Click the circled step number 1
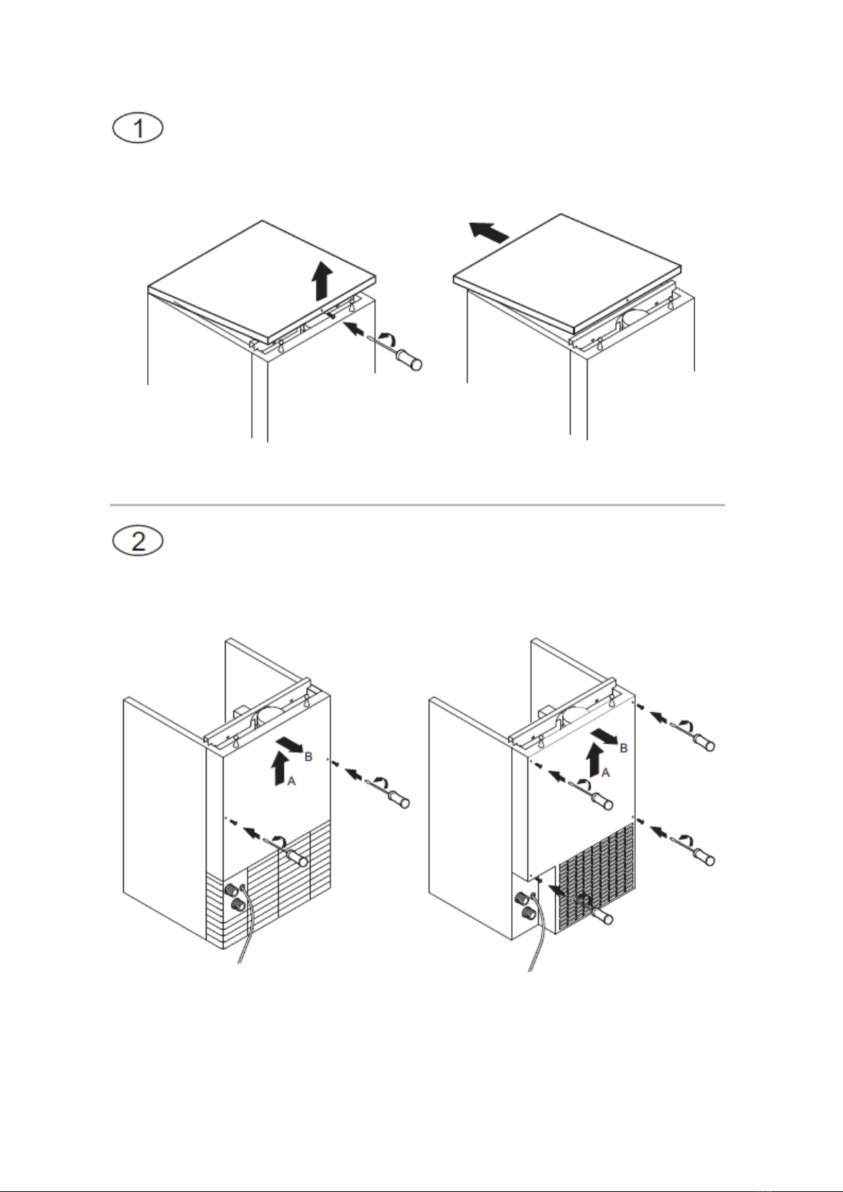pyautogui.click(x=138, y=129)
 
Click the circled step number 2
pyautogui.click(x=138, y=542)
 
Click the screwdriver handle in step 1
pyautogui.click(x=410, y=359)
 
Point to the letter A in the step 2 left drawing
pyautogui.click(x=291, y=782)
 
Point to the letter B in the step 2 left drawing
pyautogui.click(x=308, y=756)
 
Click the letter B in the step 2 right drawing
pyautogui.click(x=624, y=748)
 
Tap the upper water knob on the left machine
pyautogui.click(x=232, y=888)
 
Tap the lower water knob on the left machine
pyautogui.click(x=237, y=904)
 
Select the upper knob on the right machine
pyautogui.click(x=521, y=898)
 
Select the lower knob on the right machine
pyautogui.click(x=528, y=914)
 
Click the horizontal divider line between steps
pyautogui.click(x=417, y=504)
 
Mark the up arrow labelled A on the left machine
pyautogui.click(x=278, y=770)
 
